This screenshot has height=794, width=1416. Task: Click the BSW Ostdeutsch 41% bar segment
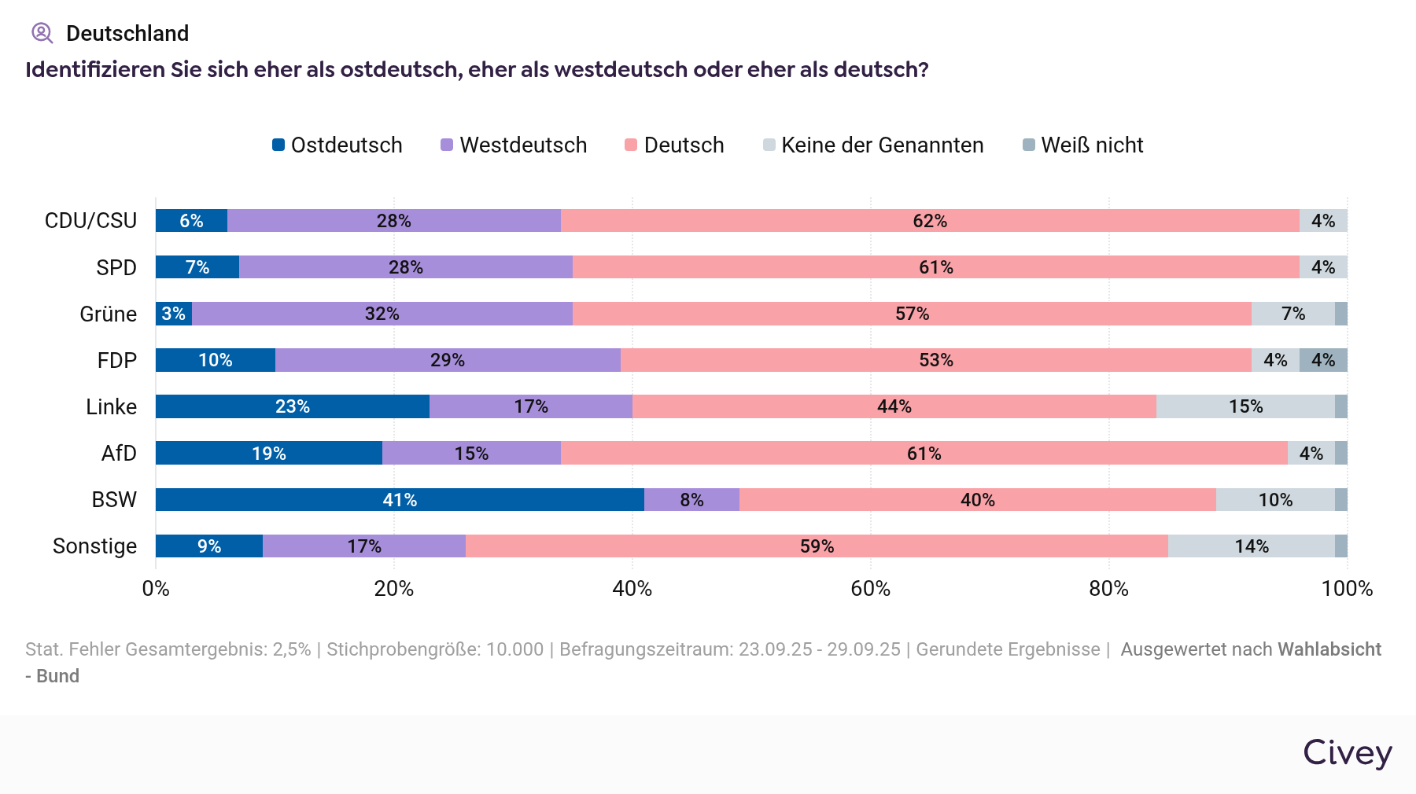click(400, 500)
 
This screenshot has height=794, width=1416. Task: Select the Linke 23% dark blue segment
click(292, 406)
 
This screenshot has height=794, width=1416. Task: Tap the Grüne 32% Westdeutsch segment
click(382, 314)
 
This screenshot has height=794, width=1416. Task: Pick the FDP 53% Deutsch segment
click(935, 360)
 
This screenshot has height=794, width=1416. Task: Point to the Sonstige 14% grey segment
click(1251, 546)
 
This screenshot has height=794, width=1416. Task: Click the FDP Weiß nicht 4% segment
click(1323, 360)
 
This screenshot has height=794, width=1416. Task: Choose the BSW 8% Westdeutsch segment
click(691, 500)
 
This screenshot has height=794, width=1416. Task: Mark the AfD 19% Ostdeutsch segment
click(268, 454)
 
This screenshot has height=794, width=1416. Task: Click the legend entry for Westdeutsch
click(514, 145)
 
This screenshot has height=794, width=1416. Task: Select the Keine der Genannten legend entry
click(873, 145)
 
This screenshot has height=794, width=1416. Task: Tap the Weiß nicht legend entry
click(1083, 145)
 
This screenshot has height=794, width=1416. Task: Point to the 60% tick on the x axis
click(870, 589)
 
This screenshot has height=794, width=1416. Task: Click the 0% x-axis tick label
click(156, 589)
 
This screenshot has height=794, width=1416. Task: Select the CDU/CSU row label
click(90, 221)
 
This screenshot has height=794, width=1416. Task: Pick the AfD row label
click(119, 454)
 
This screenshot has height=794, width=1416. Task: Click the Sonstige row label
click(94, 546)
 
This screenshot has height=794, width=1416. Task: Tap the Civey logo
click(1347, 753)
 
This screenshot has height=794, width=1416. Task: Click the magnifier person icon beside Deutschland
click(42, 33)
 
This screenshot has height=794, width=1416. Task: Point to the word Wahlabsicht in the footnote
click(1329, 649)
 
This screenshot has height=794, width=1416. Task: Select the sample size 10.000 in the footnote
click(514, 649)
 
